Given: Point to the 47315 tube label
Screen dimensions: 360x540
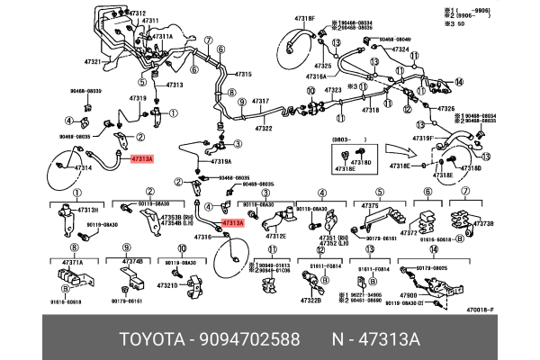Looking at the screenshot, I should [x=243, y=73].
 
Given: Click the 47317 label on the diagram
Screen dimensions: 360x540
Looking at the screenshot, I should [x=260, y=102].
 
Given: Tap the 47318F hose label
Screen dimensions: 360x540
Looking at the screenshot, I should [x=306, y=18].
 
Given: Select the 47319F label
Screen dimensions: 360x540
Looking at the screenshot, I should [x=423, y=138].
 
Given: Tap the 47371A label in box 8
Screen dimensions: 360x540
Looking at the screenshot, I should [x=72, y=262].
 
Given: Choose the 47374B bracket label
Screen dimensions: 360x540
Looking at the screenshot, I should [x=132, y=262].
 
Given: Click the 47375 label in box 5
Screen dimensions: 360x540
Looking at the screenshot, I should [x=370, y=206].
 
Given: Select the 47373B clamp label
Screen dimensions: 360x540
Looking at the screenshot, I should [x=483, y=223].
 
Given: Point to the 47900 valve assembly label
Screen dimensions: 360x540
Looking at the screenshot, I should [x=409, y=296].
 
